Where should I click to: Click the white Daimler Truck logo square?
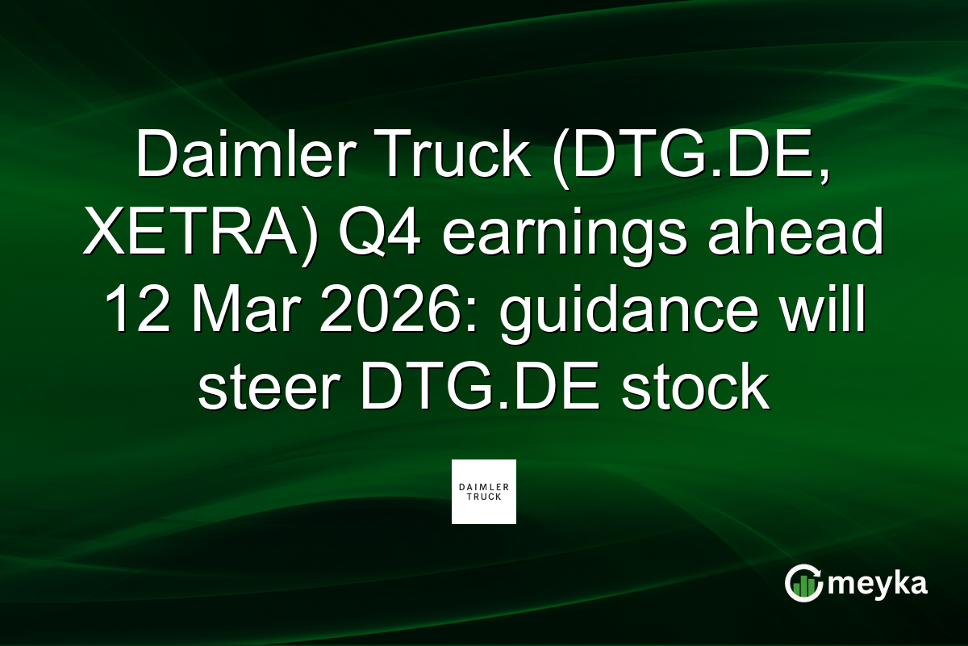(484, 492)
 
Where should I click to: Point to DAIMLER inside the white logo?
(484, 487)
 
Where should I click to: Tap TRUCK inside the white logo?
(484, 497)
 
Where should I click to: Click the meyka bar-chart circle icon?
(803, 583)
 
